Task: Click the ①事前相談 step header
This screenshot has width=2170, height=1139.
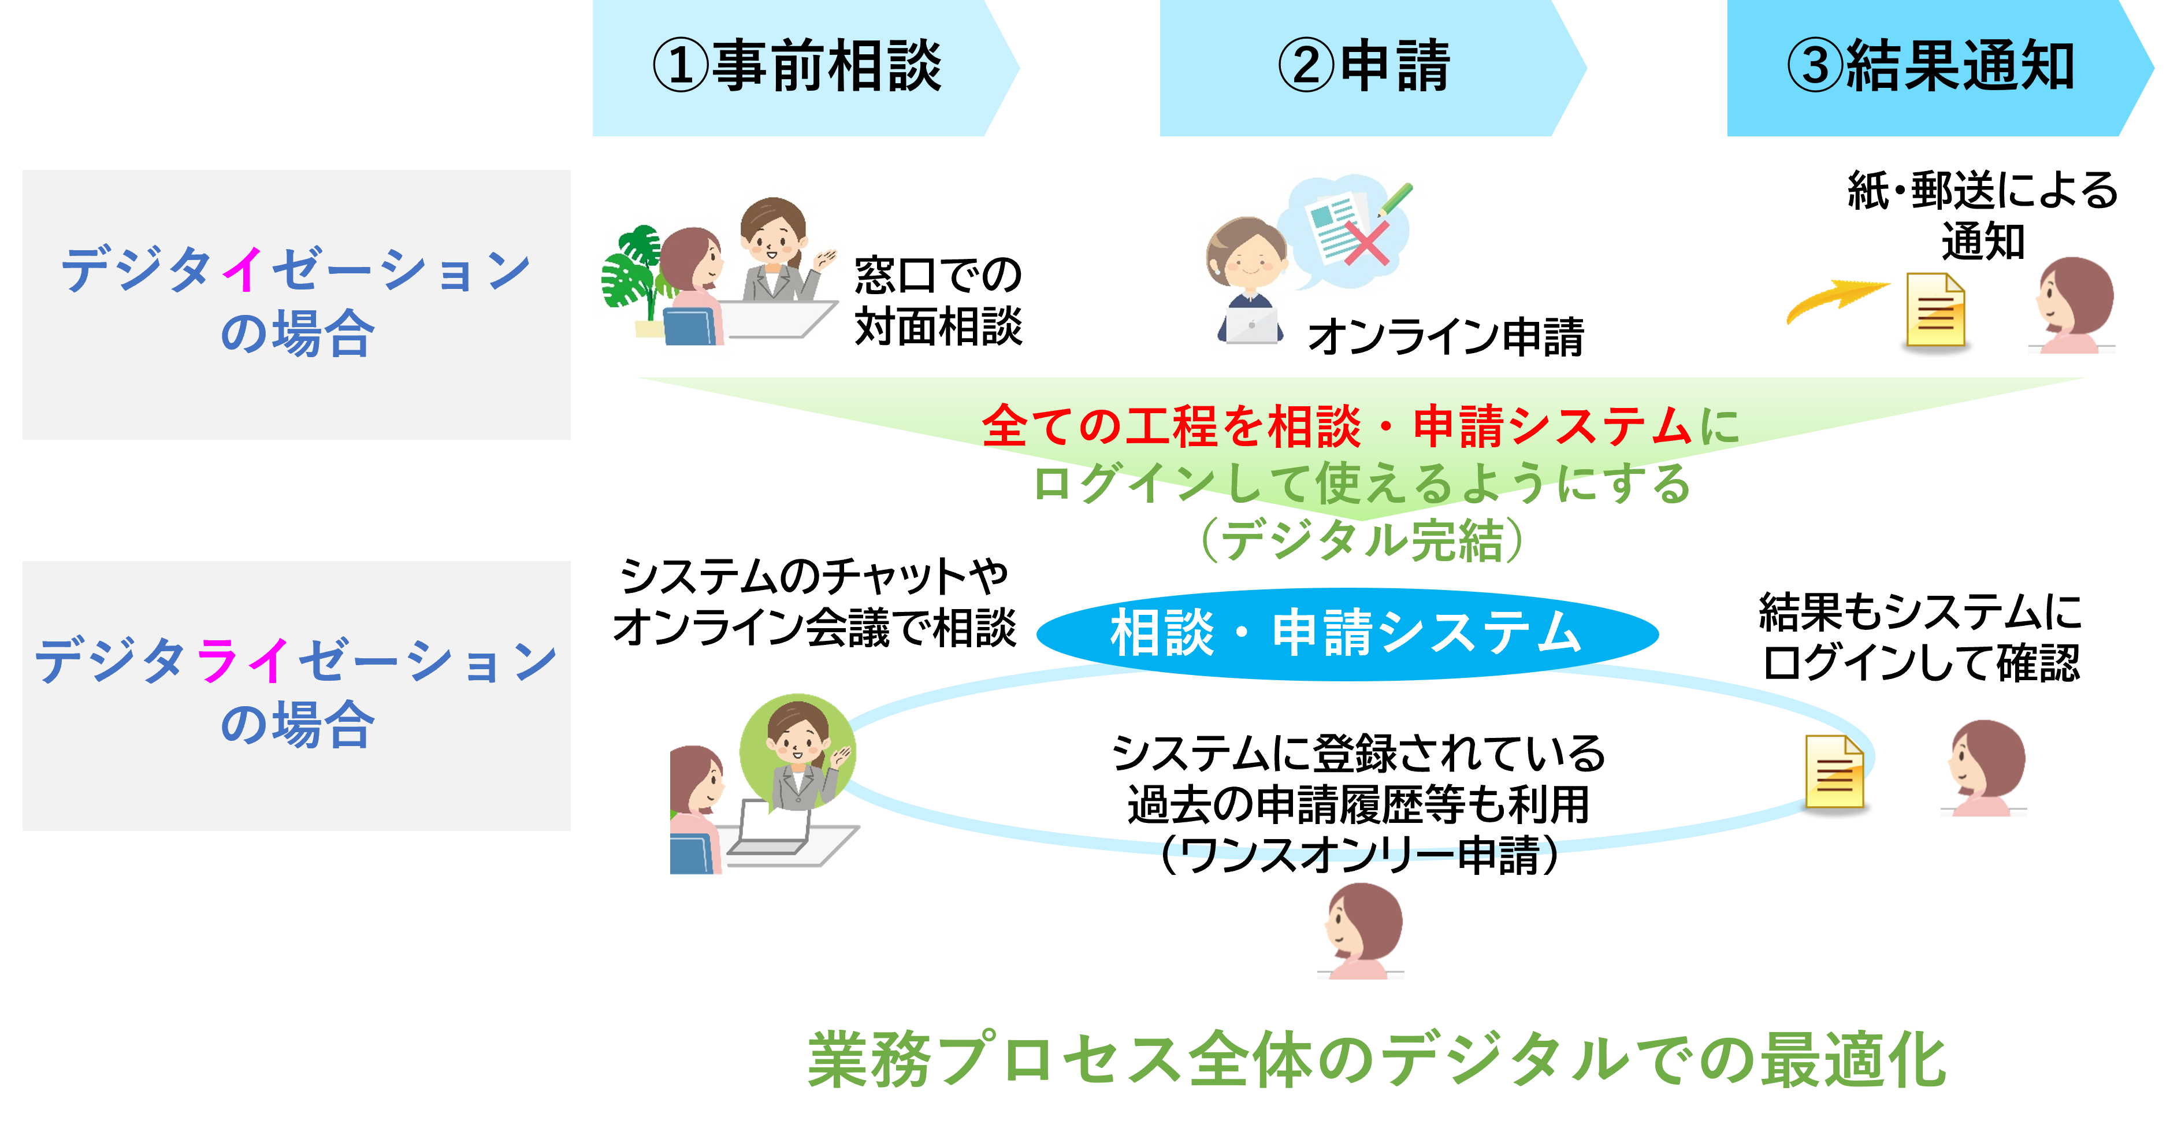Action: (796, 68)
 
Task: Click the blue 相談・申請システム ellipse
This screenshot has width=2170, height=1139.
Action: (1346, 633)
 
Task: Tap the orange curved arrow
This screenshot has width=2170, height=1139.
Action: (1837, 299)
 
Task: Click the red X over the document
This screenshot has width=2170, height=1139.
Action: (1366, 244)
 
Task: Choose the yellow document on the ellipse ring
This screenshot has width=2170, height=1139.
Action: (1835, 771)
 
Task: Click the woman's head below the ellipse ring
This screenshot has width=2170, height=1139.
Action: (1363, 927)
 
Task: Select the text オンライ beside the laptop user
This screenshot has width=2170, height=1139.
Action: (1378, 337)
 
